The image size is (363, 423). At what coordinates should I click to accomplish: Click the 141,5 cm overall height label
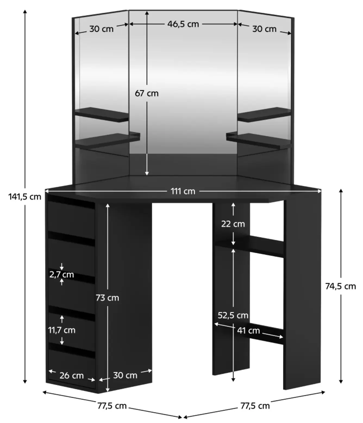pos(24,197)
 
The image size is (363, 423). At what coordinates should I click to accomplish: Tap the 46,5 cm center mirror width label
pos(183,24)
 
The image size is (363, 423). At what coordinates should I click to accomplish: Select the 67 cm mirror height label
pos(147,93)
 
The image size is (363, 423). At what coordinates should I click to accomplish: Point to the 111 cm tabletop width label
pos(183,191)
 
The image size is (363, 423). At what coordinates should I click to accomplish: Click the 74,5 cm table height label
pos(341,286)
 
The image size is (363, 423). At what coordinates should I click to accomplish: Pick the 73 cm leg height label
pos(107,298)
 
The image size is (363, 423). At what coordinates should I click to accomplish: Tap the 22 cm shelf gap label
pos(233,224)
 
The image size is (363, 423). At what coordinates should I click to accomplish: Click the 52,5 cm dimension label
pos(233,315)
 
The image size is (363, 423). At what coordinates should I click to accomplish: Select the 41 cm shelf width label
pos(249,330)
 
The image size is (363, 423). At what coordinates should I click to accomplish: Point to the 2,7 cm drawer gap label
pos(62,275)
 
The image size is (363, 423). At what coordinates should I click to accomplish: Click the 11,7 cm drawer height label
pos(62,330)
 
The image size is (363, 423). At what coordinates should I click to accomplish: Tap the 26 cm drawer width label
pos(72,375)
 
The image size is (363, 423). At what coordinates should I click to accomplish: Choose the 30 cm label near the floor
pos(125,375)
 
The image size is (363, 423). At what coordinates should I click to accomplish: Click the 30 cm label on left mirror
pos(101,29)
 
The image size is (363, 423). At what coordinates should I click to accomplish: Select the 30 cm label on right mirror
pos(264,29)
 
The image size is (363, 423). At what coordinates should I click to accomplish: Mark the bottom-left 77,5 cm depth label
pos(112,406)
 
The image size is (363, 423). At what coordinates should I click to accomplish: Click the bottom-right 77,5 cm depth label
pos(255,406)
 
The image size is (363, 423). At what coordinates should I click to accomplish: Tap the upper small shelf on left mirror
pos(102,115)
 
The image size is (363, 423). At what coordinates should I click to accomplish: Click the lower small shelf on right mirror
pos(258,141)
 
